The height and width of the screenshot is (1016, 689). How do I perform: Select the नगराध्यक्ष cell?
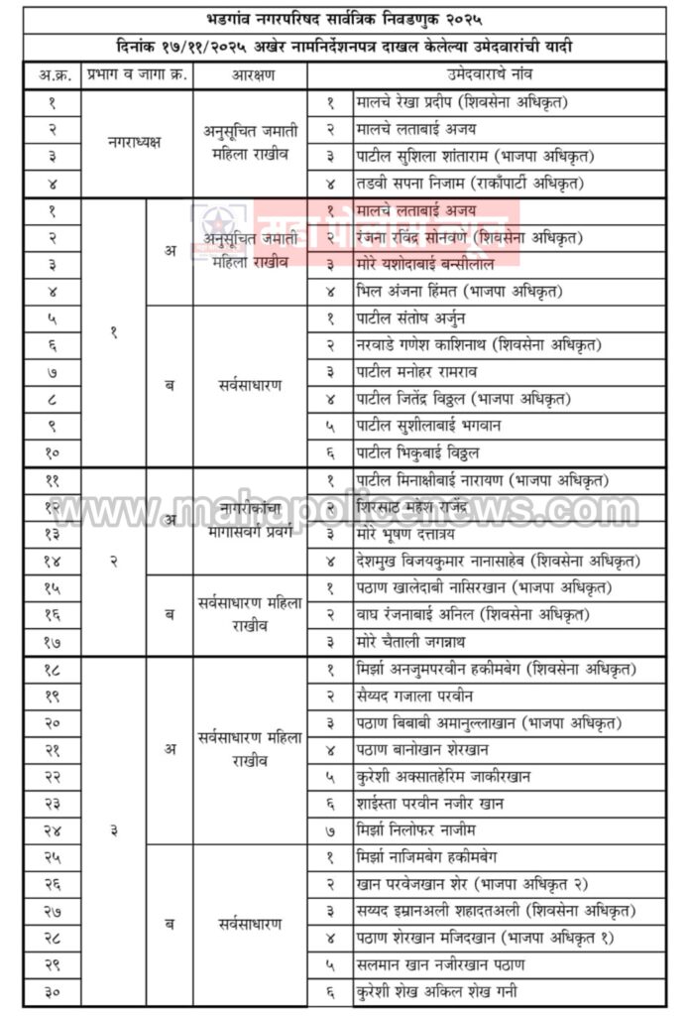[135, 142]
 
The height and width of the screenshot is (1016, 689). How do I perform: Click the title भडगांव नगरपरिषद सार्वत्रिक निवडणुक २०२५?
[344, 19]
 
